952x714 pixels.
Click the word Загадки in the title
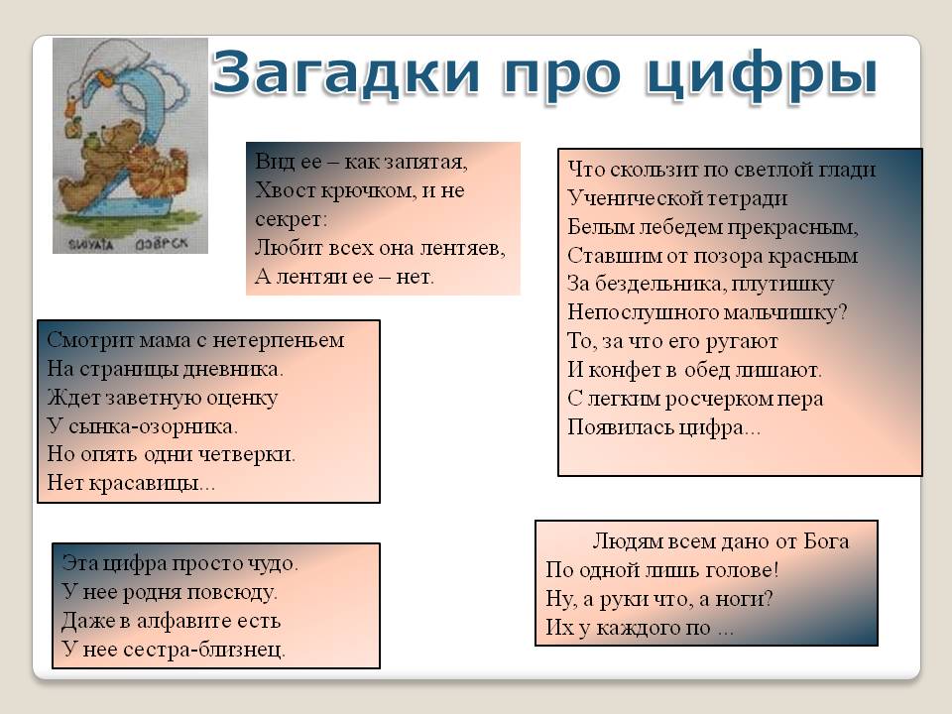[x=345, y=73]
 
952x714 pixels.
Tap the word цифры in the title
[x=762, y=76]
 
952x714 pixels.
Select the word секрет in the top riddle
[x=291, y=219]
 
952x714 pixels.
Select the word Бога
[x=826, y=540]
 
